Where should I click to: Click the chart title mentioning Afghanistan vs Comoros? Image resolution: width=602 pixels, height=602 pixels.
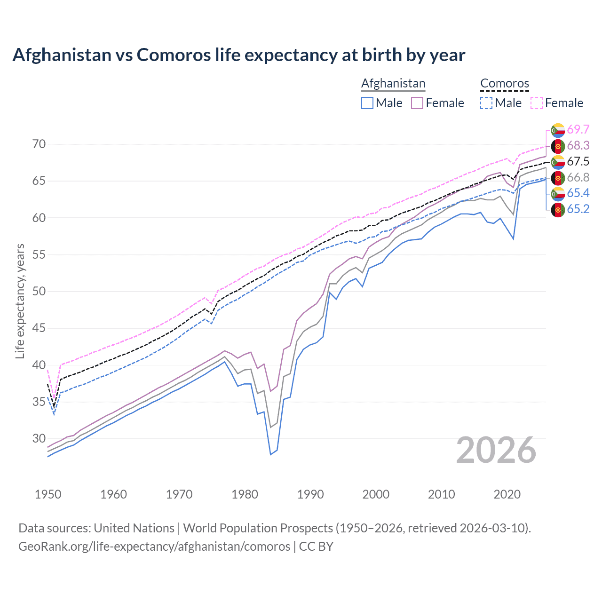[x=238, y=55]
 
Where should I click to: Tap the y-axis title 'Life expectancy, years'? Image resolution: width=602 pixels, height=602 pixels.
[x=20, y=301]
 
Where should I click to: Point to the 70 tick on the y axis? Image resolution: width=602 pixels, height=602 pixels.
[x=39, y=144]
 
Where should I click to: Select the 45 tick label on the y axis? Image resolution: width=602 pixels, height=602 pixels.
[x=39, y=328]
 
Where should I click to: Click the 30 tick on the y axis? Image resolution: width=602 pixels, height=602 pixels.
[x=39, y=438]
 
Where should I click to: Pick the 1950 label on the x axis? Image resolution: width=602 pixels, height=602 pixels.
[x=48, y=494]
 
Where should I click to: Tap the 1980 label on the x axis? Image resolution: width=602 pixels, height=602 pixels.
[x=245, y=494]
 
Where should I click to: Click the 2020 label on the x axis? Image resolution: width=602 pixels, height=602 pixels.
[x=507, y=494]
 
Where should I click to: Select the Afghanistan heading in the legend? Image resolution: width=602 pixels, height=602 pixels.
[x=393, y=83]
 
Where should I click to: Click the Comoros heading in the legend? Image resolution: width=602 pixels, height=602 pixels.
[x=505, y=83]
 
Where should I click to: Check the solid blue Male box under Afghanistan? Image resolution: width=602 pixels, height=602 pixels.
[x=367, y=103]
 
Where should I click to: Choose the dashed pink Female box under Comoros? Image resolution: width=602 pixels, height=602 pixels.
[x=537, y=103]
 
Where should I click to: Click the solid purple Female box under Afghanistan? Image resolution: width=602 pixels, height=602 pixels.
[x=417, y=103]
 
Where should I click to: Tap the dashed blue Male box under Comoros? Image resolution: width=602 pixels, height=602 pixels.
[x=487, y=103]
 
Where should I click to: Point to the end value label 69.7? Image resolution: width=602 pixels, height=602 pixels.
[x=578, y=129]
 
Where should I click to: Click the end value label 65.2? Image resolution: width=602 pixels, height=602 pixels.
[x=578, y=209]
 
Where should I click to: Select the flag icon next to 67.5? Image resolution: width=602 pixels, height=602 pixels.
[x=558, y=162]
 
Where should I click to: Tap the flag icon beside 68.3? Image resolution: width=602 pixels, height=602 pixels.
[x=558, y=146]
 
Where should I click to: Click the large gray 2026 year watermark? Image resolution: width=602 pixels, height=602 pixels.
[x=496, y=450]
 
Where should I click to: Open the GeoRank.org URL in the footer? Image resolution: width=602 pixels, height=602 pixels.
[x=154, y=547]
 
